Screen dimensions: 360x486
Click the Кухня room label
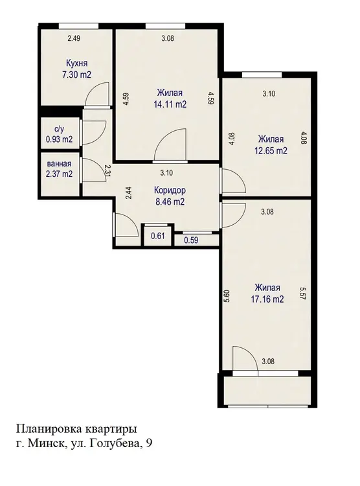tap(77, 64)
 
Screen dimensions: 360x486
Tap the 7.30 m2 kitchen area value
tap(76, 75)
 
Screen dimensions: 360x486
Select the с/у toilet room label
tap(58, 129)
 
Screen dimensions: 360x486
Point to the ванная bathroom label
tap(59, 163)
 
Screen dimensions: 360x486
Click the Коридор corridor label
tap(170, 190)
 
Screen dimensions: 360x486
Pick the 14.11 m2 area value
tap(170, 104)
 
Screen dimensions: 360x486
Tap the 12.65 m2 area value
tap(271, 150)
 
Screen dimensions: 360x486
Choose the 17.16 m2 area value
tap(267, 299)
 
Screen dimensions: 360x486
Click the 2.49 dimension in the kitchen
tap(74, 38)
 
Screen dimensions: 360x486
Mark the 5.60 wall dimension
tap(227, 295)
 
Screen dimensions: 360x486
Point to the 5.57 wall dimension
tap(303, 294)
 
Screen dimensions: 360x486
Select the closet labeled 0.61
tap(158, 236)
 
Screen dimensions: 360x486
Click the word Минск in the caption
tap(47, 443)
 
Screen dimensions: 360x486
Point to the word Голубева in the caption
tap(113, 444)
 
